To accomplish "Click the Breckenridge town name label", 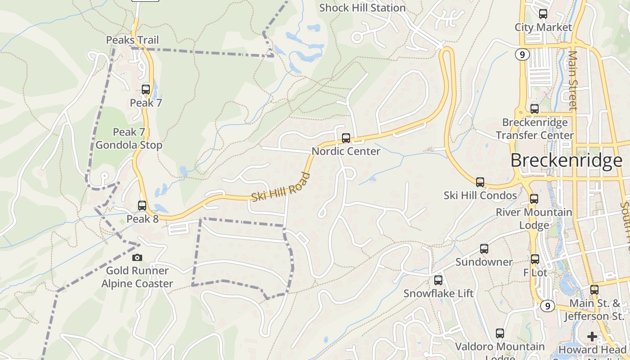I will [567, 160].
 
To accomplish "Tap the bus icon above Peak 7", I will [146, 89].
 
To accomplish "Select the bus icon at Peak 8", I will [142, 206].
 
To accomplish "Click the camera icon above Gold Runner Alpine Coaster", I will [137, 257].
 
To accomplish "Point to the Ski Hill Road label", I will [281, 188].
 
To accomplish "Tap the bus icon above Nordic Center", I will [346, 138].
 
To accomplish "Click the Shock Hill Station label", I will [362, 8].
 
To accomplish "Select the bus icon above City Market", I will [543, 14].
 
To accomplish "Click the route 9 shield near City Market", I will [522, 54].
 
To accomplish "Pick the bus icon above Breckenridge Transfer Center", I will [535, 109].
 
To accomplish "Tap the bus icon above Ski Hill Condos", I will [480, 182].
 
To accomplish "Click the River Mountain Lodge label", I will [534, 218].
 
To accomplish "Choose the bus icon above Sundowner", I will [484, 248].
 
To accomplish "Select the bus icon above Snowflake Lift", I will [438, 280].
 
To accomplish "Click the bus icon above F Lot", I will [535, 259].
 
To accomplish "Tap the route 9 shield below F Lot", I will [547, 306].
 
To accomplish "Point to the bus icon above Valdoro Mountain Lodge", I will [500, 333].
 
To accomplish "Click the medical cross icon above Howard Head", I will [592, 336].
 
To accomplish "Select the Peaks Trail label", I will [132, 40].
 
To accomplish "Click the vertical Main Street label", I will [572, 80].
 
